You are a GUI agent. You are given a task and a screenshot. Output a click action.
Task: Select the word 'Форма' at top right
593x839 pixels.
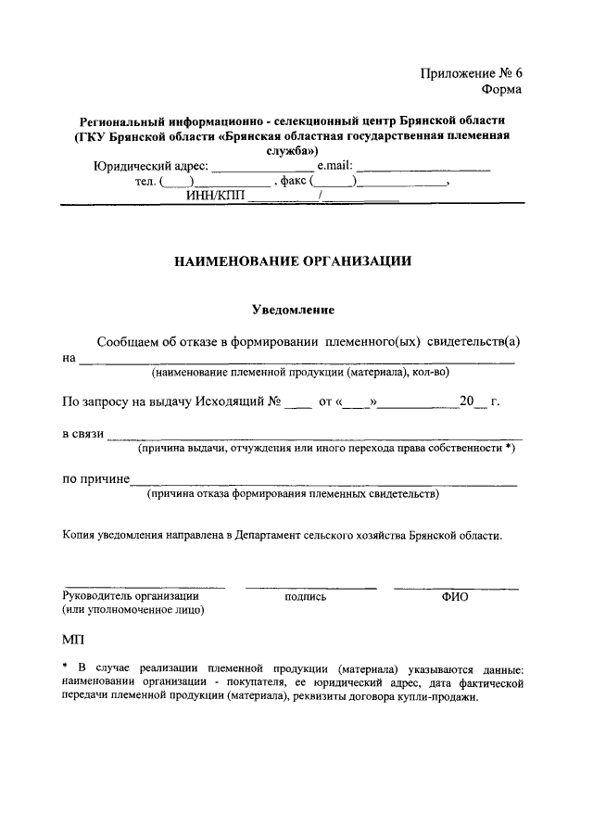[501, 90]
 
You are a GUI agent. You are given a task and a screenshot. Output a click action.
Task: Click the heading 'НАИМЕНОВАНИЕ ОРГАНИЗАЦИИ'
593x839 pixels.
[294, 261]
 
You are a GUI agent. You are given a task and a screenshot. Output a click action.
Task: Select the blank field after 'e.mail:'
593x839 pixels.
[423, 168]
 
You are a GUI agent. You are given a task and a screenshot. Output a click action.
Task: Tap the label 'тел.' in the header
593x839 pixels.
[145, 182]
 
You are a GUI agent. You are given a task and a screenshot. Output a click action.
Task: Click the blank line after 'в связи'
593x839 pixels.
[314, 435]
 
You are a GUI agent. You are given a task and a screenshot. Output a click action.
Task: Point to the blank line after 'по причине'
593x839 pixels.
[323, 481]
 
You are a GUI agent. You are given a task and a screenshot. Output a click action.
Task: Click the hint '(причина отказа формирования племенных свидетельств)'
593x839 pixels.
[293, 495]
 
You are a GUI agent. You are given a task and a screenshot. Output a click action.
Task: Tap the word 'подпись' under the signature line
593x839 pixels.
[306, 598]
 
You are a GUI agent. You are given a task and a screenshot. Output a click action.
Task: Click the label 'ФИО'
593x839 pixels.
[455, 598]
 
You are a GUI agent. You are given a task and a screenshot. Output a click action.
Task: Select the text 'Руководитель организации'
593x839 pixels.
[130, 596]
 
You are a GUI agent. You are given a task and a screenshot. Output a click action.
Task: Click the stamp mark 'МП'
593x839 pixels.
[72, 641]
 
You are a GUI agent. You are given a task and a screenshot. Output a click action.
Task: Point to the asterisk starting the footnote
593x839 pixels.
[65, 667]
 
